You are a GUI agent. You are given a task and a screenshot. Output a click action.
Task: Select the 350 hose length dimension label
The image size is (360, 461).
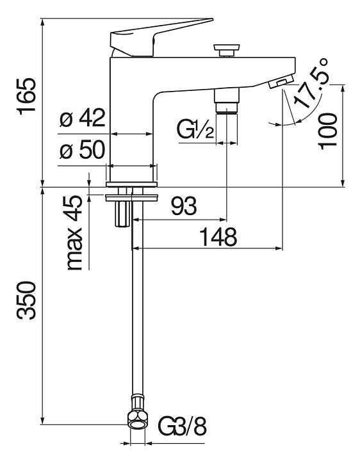click(x=26, y=300)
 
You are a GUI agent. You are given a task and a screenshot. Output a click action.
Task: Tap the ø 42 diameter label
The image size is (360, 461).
click(x=83, y=118)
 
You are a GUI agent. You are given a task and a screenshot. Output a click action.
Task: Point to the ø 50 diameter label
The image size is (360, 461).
click(x=83, y=149)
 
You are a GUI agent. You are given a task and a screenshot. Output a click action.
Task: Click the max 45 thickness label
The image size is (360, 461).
click(x=74, y=232)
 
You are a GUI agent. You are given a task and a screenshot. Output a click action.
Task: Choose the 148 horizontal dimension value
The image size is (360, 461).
click(x=218, y=237)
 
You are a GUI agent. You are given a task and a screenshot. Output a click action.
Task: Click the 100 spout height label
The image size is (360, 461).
click(x=328, y=131)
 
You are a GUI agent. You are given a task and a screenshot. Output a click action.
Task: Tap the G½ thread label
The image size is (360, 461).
click(x=195, y=129)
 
